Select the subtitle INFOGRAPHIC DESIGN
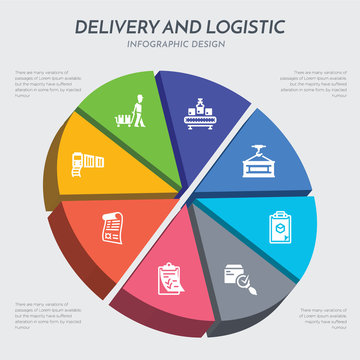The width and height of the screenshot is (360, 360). coord(180,45)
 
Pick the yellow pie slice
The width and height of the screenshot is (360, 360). coord(90,165)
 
